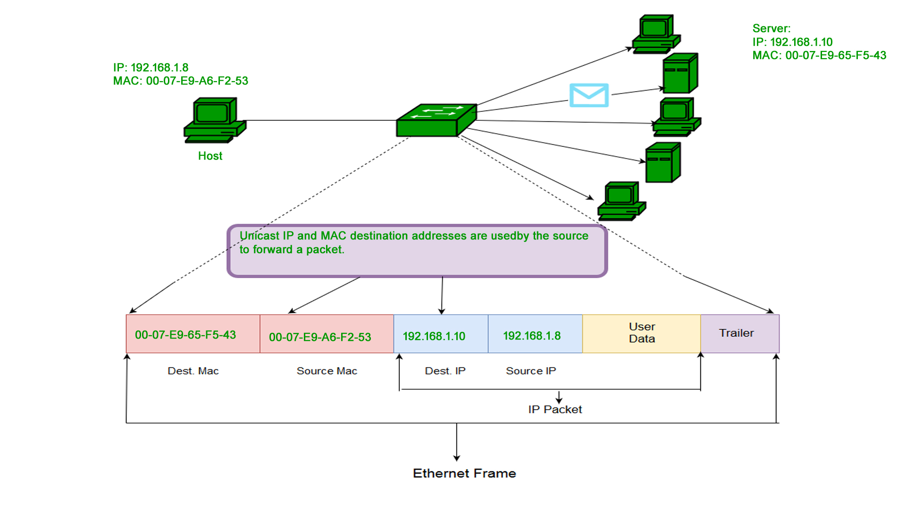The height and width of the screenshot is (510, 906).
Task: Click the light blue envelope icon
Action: (588, 95)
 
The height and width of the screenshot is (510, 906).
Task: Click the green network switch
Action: (436, 120)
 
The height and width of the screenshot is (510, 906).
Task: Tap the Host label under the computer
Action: (210, 156)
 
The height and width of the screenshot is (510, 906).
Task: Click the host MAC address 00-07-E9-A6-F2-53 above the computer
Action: (197, 81)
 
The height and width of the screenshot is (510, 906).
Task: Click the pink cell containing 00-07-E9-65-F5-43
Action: (193, 334)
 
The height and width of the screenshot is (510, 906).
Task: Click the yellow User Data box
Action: (641, 333)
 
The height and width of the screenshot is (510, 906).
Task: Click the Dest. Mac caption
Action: (193, 371)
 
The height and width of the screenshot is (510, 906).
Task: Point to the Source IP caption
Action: (531, 371)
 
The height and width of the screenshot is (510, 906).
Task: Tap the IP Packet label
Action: (555, 409)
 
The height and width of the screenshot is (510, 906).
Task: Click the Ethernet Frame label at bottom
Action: (464, 473)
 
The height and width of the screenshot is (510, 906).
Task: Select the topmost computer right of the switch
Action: (655, 34)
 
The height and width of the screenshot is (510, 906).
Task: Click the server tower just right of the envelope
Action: (680, 73)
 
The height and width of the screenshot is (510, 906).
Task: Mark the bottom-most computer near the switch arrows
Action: (621, 201)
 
